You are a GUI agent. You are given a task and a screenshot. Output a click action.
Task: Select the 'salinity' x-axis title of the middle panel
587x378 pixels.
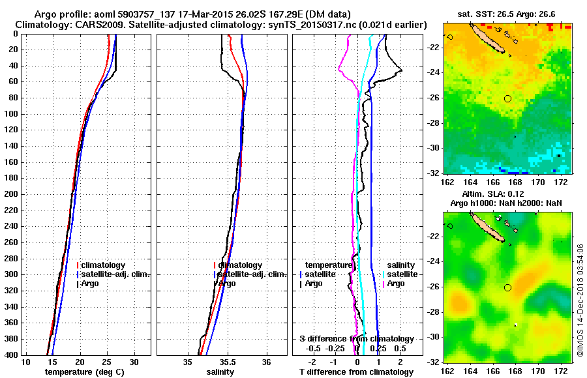[x=220, y=372]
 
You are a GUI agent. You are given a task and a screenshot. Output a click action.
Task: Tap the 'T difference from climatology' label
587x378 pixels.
[x=355, y=372]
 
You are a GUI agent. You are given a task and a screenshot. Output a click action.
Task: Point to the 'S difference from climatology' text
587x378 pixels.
[x=356, y=339]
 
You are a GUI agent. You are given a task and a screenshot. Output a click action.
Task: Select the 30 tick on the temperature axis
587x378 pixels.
[x=134, y=361]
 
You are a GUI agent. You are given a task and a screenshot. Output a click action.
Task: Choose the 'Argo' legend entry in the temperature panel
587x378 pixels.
[x=91, y=283]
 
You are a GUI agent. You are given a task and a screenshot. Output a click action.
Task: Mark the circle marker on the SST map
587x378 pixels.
[x=508, y=98]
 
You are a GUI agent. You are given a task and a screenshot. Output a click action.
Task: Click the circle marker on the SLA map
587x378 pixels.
[x=508, y=287]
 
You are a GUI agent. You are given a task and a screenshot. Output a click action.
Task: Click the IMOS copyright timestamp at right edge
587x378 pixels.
[x=580, y=300]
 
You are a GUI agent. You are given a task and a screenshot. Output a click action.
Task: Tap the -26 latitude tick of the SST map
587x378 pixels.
[x=435, y=98]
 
